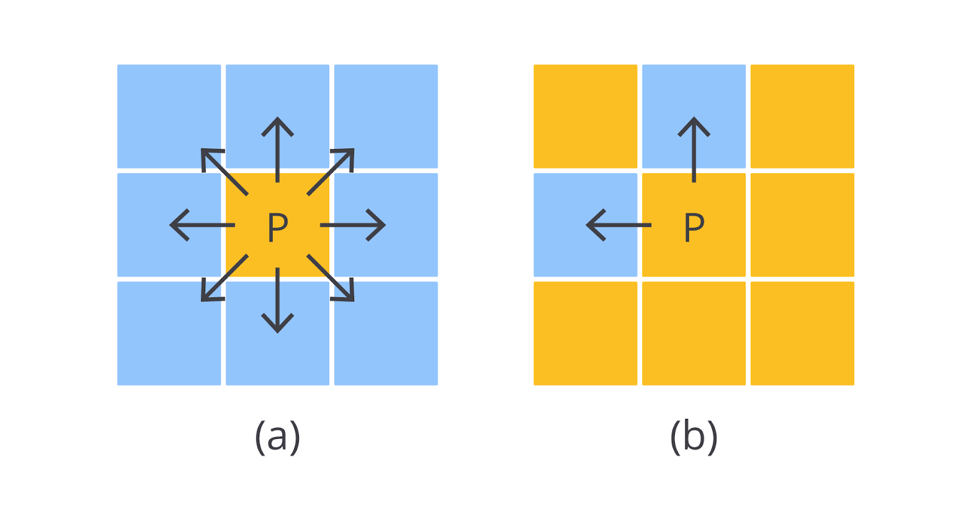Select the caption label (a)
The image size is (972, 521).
pos(278,436)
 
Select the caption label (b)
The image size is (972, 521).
pos(694,436)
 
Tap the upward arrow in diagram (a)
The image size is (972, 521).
pos(278,149)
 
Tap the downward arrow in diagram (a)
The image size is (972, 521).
pos(278,300)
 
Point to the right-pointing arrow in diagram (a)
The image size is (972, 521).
pos(353,225)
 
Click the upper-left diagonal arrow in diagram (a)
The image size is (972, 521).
pos(224,171)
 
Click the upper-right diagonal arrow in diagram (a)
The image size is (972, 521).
pos(332,171)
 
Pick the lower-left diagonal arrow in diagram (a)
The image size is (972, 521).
pos(224,278)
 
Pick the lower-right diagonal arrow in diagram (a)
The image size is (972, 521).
pos(332,278)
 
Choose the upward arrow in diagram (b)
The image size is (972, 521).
pos(694,149)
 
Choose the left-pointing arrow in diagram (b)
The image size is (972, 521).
pos(618,225)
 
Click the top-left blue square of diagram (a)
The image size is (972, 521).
pos(169,116)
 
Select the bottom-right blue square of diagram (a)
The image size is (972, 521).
pos(386,333)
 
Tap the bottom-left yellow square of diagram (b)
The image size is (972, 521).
pos(585,333)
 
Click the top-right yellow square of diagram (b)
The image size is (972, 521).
pos(802,116)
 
